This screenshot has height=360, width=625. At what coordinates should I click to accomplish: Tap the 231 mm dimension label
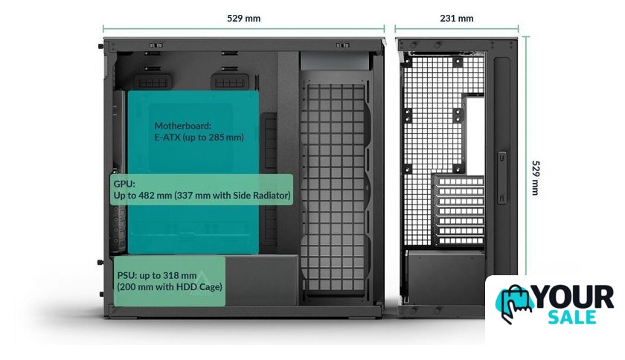click(457, 18)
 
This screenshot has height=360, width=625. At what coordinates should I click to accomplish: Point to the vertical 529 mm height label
click(539, 178)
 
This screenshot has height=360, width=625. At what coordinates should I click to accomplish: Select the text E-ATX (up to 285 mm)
click(199, 138)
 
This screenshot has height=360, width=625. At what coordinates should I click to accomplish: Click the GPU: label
click(123, 183)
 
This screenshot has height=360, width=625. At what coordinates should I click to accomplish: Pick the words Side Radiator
click(260, 195)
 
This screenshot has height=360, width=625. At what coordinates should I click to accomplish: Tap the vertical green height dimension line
click(526, 178)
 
